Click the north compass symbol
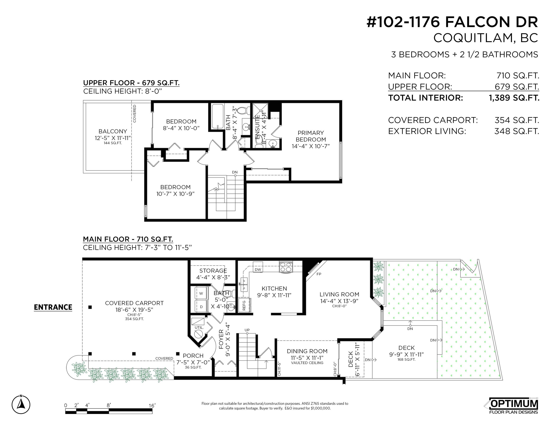pyautogui.click(x=21, y=405)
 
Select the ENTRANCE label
pyautogui.click(x=53, y=307)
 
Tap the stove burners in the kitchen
pyautogui.click(x=286, y=267)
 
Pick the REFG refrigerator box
pyautogui.click(x=244, y=305)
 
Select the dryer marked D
pyautogui.click(x=201, y=306)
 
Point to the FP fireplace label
pyautogui.click(x=319, y=274)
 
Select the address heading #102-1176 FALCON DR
pyautogui.click(x=452, y=22)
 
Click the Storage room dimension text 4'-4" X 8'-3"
pyautogui.click(x=213, y=277)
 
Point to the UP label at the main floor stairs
pyautogui.click(x=247, y=330)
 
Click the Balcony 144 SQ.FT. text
pyautogui.click(x=113, y=143)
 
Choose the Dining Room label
pyautogui.click(x=307, y=351)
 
